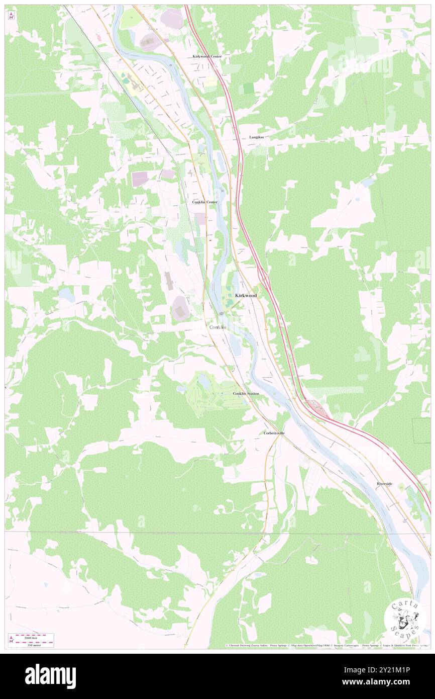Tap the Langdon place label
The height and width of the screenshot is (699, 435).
[256, 137]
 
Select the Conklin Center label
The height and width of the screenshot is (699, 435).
[205, 202]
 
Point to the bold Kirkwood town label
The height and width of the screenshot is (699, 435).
[246, 296]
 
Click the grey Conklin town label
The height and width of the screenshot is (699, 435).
[217, 327]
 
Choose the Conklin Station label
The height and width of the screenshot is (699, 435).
[246, 393]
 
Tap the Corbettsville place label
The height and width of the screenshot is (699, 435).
[275, 433]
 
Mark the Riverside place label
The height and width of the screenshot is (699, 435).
[385, 484]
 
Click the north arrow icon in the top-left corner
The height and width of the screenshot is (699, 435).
[11, 15]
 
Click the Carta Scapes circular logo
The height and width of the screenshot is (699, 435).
[405, 619]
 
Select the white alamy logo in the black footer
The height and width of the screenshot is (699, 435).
[50, 676]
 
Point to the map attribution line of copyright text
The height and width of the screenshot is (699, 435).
[327, 646]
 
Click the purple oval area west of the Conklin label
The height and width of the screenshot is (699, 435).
[180, 308]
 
